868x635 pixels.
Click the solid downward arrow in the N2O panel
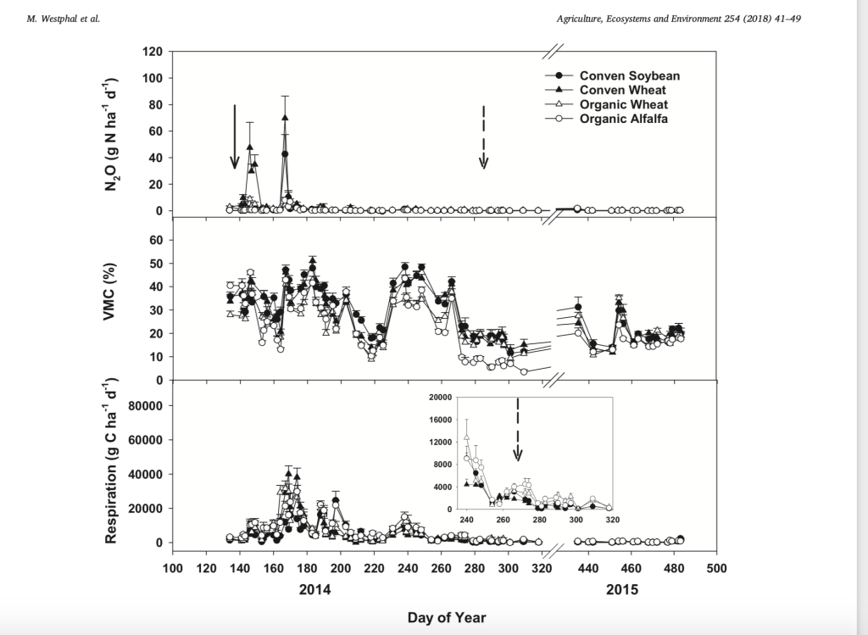[x=235, y=136]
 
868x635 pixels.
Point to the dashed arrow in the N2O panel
[x=483, y=137]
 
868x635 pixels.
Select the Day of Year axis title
[x=447, y=616]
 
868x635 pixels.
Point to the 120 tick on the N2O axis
[x=152, y=52]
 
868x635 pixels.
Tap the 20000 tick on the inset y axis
[x=438, y=398]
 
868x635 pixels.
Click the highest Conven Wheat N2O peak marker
[x=285, y=118]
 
